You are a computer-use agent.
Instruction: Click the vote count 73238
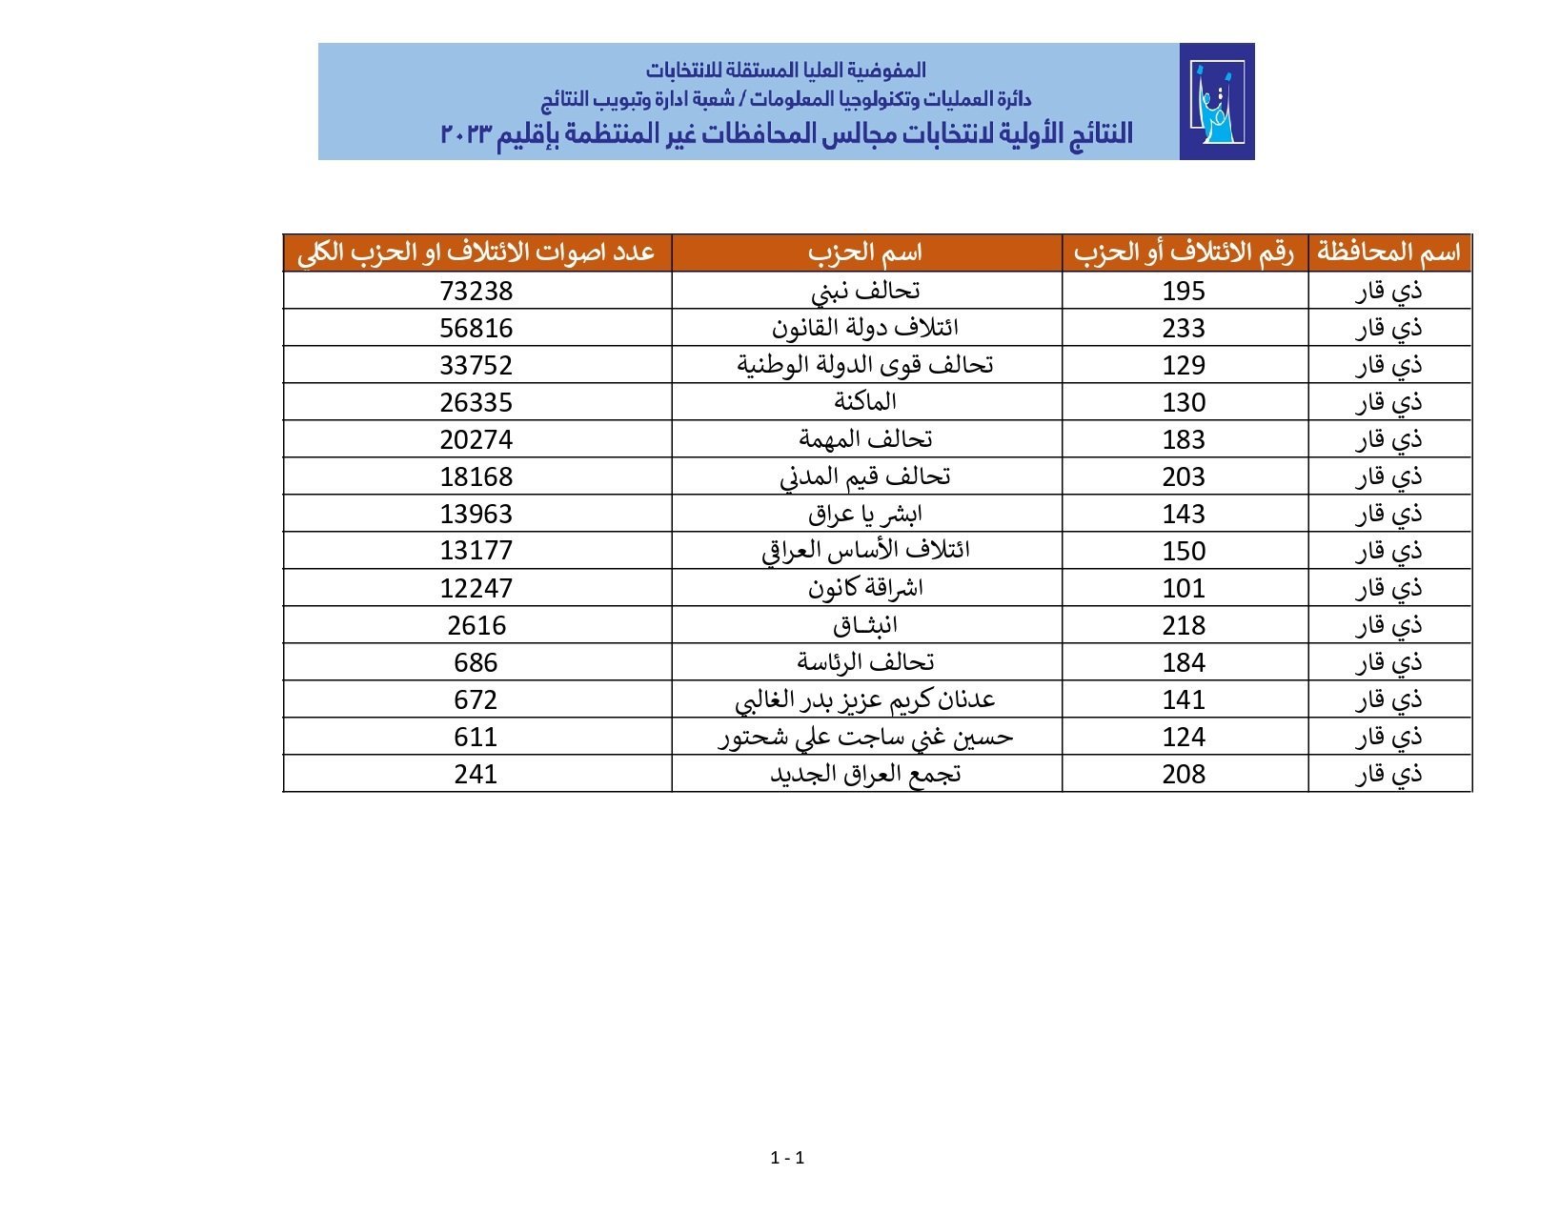476,291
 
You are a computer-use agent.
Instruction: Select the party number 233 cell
1184,328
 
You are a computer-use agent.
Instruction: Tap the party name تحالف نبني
865,291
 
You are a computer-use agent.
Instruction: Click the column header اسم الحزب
865,253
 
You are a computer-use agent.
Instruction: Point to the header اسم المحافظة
1388,253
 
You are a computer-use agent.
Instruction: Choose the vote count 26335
476,402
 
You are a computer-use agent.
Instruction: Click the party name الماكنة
865,402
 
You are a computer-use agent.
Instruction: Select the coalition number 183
1184,439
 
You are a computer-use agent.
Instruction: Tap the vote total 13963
476,514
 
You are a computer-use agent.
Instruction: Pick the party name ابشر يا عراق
865,514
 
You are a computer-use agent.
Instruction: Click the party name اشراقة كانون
865,588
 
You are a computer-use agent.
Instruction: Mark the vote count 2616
476,625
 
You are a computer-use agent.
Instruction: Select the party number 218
1184,625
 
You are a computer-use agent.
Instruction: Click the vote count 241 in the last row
476,774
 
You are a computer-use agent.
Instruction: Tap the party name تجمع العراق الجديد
865,774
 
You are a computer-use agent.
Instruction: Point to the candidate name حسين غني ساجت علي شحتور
865,737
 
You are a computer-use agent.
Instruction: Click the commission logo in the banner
1216,101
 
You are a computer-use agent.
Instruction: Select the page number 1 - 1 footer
787,1158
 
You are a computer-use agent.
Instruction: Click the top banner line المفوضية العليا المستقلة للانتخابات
785,70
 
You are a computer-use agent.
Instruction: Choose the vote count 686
476,662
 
